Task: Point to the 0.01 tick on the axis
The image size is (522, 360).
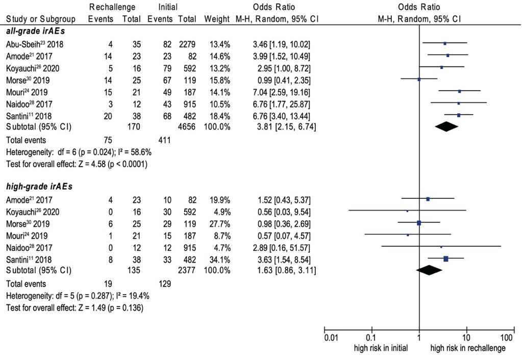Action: pyautogui.click(x=331, y=338)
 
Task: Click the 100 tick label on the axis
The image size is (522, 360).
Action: pyautogui.click(x=507, y=338)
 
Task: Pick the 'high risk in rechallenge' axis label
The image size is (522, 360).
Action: pyautogui.click(x=468, y=348)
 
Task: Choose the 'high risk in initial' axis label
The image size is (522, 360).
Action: pyautogui.click(x=381, y=348)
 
